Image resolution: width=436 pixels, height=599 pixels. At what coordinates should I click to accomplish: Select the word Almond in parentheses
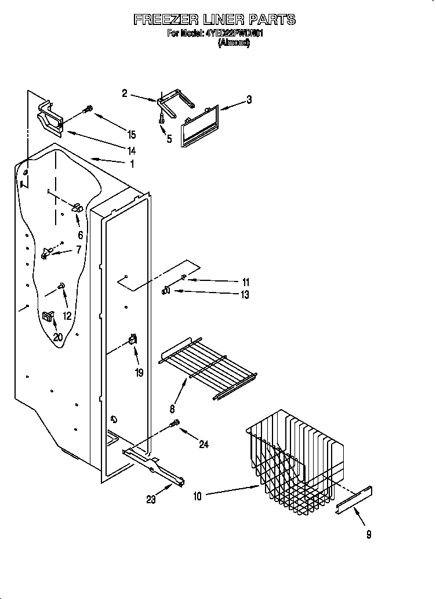point(234,43)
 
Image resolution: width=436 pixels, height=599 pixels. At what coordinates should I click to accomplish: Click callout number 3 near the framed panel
point(249,100)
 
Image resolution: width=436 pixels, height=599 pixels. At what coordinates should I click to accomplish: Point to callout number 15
point(132,135)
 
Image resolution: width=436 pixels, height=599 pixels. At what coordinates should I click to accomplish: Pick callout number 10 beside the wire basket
point(198,496)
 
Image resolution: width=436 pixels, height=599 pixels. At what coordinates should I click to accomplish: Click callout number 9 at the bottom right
point(369,535)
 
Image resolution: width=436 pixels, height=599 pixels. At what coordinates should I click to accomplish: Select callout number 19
point(139,373)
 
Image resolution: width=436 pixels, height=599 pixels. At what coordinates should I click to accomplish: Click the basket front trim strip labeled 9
point(354,499)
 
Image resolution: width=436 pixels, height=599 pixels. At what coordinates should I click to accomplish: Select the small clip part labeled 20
point(48,316)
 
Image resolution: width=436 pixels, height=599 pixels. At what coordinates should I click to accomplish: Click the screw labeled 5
point(161,118)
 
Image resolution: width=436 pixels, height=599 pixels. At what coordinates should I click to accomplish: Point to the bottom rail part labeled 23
point(154,466)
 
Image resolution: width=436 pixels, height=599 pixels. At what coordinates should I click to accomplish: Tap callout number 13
point(245,295)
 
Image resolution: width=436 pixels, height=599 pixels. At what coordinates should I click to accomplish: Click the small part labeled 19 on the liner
point(133,340)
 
